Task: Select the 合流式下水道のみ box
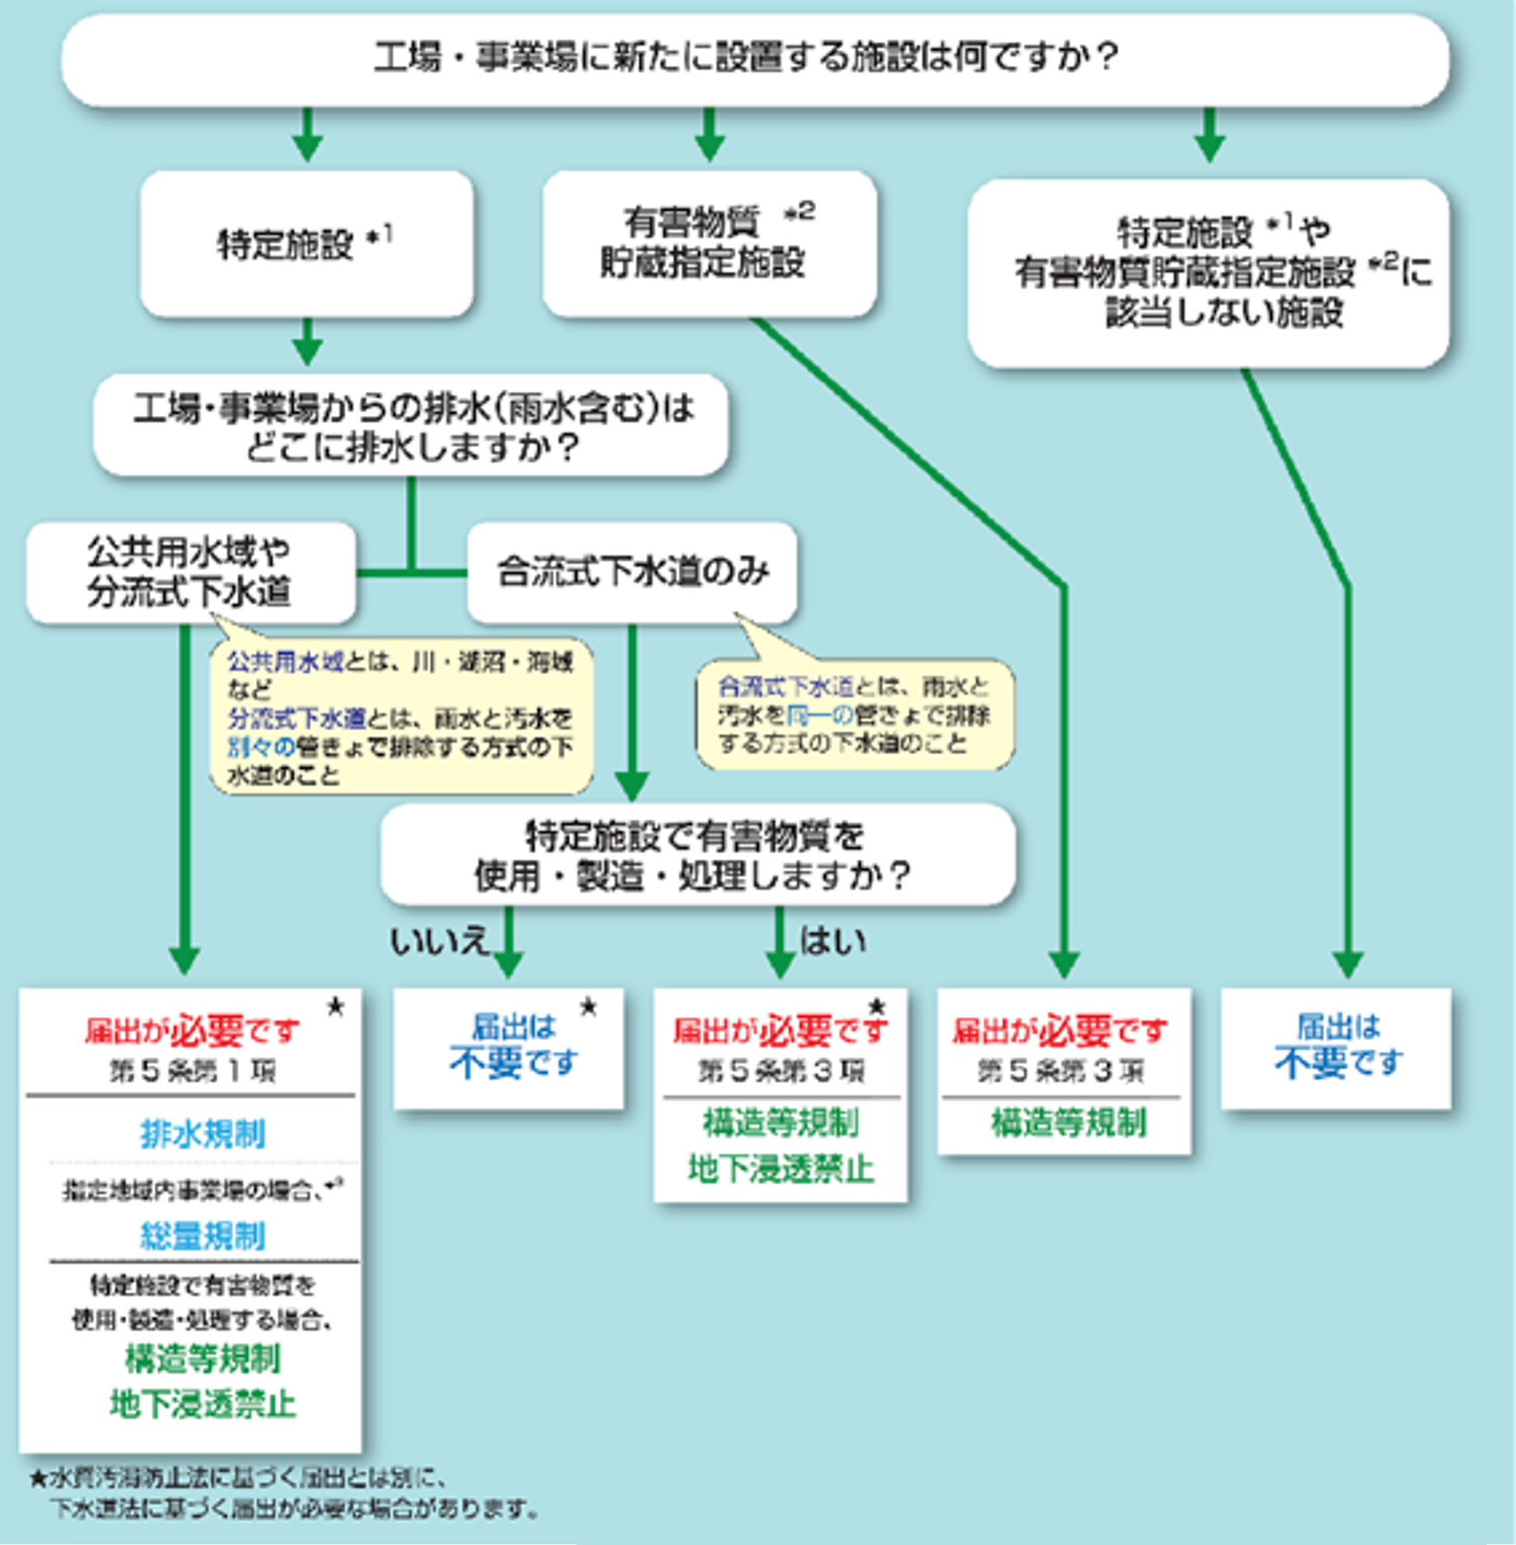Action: point(632,571)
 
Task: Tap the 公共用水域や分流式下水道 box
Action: point(190,571)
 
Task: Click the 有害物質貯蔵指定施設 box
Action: point(710,243)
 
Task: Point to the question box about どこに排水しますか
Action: point(410,426)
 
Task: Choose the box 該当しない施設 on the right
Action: point(1209,273)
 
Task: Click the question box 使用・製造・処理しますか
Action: point(697,855)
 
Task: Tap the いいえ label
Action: point(438,942)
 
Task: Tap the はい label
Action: point(833,942)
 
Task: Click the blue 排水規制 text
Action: point(202,1133)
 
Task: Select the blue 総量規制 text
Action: point(202,1236)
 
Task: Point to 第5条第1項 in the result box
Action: point(193,1071)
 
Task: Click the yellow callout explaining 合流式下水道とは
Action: point(855,714)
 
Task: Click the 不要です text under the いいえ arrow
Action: point(513,1062)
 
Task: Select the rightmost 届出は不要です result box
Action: point(1337,1048)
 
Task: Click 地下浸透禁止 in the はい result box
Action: point(781,1170)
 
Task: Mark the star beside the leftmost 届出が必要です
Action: point(336,1008)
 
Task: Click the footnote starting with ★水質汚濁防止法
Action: point(283,1493)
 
